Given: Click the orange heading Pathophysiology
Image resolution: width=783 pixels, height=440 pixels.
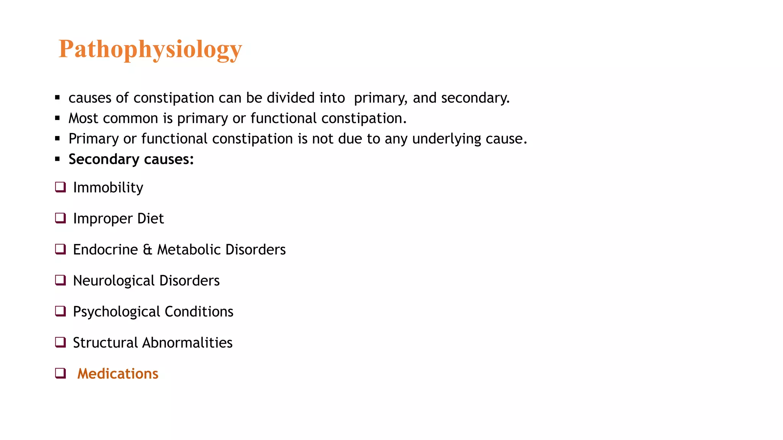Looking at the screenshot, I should point(150,49).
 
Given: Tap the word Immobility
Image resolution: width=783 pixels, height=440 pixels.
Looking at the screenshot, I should point(108,188).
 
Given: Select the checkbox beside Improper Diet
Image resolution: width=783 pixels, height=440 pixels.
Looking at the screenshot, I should point(60,218).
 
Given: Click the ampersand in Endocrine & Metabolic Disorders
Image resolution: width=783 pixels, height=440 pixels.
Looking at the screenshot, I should point(148,250).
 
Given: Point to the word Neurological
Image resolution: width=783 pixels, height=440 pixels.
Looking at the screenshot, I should point(114,281).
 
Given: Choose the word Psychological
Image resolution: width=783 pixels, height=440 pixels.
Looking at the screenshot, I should point(116,312).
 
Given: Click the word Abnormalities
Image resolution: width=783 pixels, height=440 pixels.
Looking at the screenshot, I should point(187,343).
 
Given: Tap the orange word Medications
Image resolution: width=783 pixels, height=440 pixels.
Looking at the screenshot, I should point(118,374).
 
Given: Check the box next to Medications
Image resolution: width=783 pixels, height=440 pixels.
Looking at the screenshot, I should point(60,373).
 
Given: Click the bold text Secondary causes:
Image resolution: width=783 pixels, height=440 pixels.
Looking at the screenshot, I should point(131,159).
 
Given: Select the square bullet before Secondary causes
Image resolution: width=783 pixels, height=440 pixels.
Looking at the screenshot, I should point(57,159).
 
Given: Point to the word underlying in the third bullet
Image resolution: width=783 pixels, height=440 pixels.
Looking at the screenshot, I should point(446,139).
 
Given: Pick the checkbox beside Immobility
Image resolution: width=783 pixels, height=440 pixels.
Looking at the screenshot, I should point(60,187).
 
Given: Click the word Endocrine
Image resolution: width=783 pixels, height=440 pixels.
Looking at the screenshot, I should point(106,250).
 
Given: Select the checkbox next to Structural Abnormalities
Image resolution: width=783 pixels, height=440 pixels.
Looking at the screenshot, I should point(60,342).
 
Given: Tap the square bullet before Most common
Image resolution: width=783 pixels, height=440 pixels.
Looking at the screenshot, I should point(57,118).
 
